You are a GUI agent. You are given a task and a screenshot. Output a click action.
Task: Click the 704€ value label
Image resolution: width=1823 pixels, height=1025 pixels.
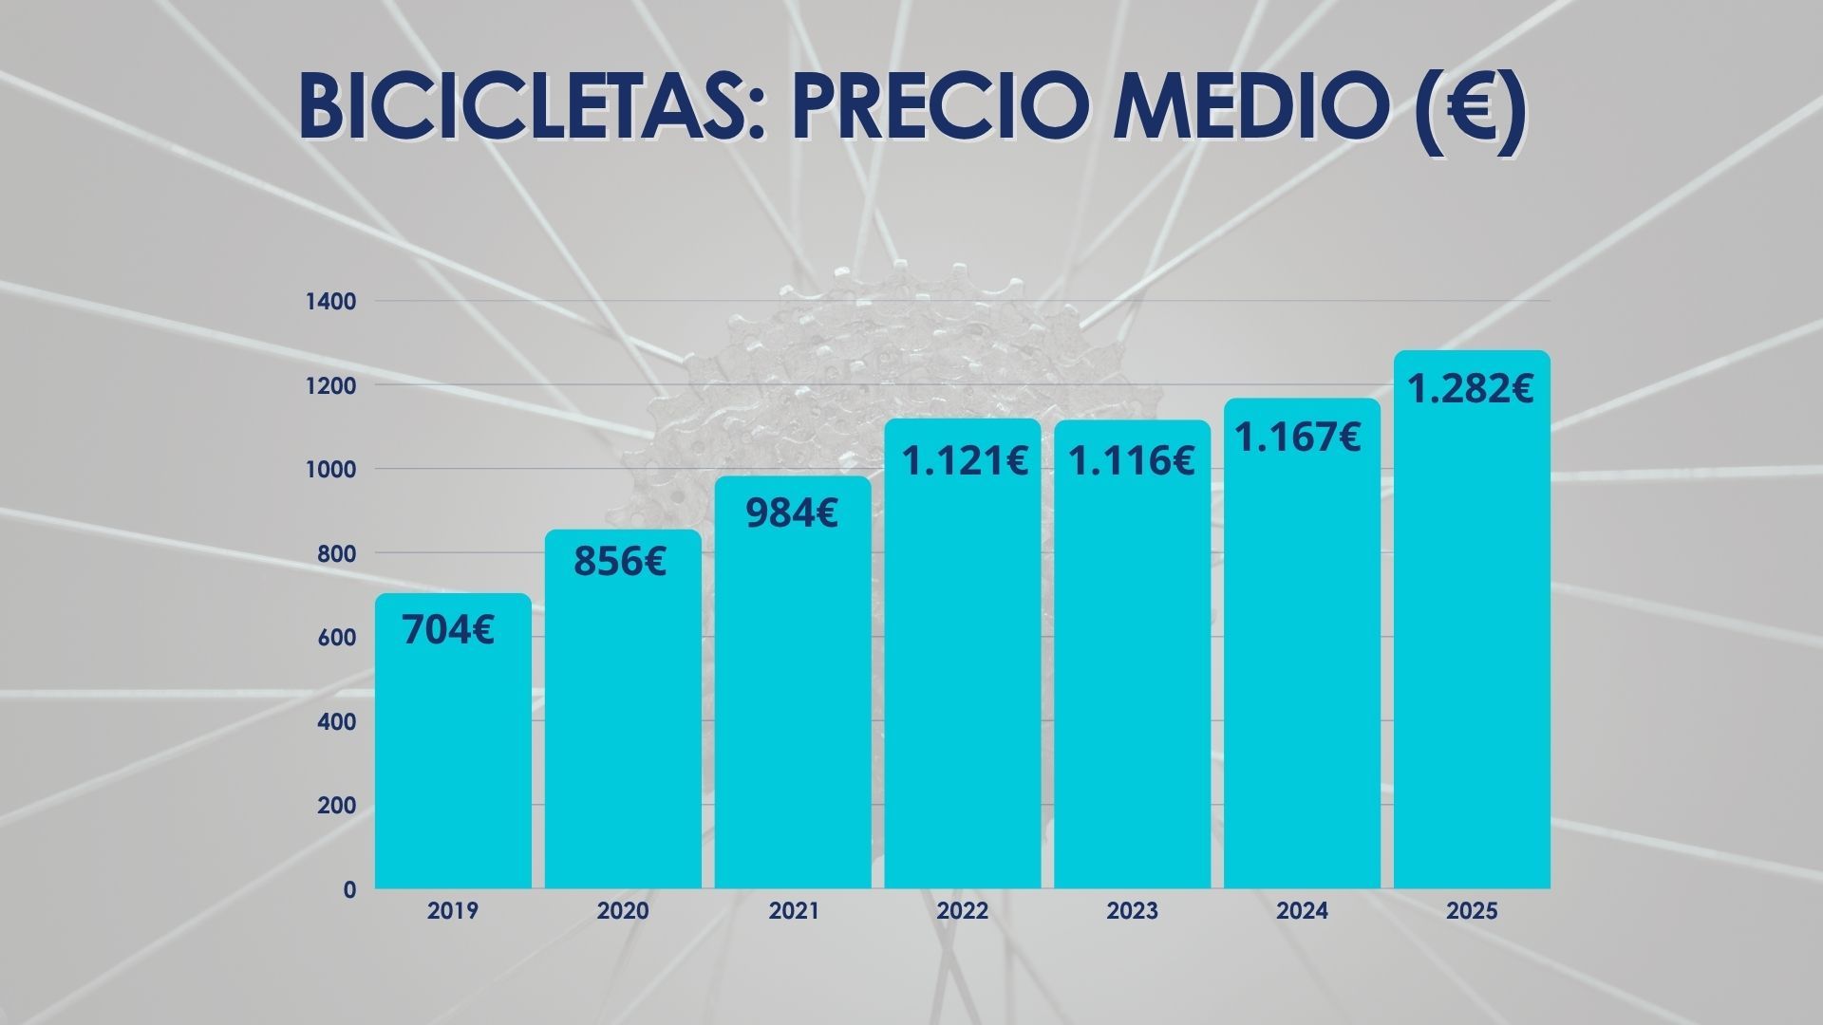448,630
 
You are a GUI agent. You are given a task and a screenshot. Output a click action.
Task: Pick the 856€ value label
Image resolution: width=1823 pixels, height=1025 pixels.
620,561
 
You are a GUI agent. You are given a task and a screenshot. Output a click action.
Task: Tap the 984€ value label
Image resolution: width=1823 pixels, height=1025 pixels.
792,513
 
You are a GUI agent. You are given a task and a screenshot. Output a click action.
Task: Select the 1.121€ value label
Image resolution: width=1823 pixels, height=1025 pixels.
965,461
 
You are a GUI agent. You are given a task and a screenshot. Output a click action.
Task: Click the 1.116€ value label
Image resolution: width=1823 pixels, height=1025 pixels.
1132,461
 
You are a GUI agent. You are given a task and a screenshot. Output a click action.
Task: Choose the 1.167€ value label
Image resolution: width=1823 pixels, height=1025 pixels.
1297,438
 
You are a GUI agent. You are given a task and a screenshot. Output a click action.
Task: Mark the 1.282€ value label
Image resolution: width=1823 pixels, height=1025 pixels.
1470,388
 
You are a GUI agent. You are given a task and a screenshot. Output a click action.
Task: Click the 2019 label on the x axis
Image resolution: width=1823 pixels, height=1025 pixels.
453,911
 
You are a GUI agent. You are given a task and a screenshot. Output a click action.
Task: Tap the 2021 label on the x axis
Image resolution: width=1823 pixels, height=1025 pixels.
794,911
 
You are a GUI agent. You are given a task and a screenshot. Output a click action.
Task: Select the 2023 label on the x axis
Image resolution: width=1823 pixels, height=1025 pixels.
1132,911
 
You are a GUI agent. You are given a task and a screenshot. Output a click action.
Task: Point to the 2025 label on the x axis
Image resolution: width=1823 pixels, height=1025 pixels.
1472,911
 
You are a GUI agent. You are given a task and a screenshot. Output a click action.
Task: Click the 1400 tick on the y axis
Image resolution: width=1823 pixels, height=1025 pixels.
330,302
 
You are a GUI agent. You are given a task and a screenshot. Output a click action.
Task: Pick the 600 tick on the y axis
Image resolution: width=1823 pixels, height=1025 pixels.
338,638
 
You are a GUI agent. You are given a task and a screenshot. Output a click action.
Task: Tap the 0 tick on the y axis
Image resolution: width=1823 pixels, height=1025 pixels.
350,890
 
